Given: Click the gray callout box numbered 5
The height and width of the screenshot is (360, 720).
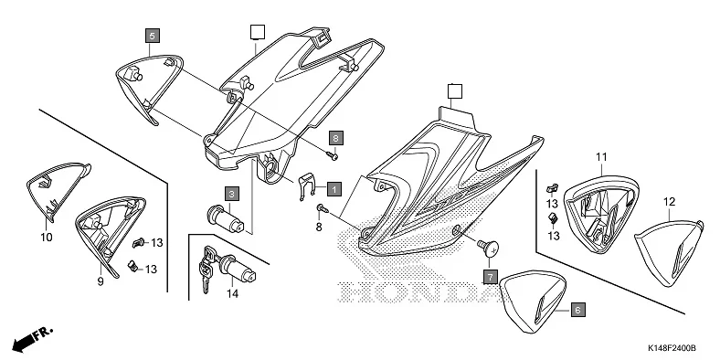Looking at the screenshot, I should point(152,36).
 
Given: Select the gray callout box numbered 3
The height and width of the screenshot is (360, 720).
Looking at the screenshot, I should point(233,194).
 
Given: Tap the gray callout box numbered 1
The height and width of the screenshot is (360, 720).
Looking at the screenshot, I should point(334,189).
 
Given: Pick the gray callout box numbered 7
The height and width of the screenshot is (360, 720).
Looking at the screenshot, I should point(490,275).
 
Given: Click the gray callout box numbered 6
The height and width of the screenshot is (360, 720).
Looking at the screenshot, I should point(577,310).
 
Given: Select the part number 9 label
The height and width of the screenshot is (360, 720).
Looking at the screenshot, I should point(100,281).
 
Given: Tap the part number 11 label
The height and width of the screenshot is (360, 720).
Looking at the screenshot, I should point(602,157).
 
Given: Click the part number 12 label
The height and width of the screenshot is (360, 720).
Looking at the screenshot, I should point(669,201).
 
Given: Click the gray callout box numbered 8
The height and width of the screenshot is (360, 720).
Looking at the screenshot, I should point(335,136).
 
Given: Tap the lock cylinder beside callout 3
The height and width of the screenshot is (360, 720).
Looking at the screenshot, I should point(226,219).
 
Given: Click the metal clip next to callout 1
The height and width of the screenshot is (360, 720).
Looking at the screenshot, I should point(309,187).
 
